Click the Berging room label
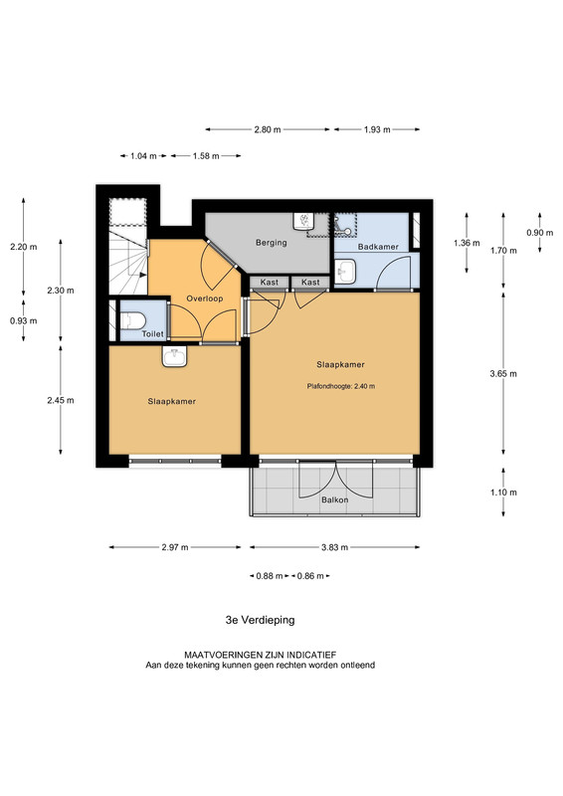coord(272,243)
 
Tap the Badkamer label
coord(378,247)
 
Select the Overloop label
coord(205,298)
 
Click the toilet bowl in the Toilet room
coord(133,320)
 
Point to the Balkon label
coord(335,499)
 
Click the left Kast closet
coord(270,283)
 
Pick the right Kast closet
coord(310,283)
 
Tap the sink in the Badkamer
coord(346,271)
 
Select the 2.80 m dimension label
coord(268,129)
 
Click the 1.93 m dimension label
coord(377,129)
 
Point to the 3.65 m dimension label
coord(503,374)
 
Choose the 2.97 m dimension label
coord(175,547)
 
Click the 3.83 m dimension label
coord(334,547)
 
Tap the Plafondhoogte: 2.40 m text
coord(341,386)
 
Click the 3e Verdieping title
coord(260,620)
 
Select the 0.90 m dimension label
coord(540,233)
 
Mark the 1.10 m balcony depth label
coord(503,492)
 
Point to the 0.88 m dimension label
coord(269,576)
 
